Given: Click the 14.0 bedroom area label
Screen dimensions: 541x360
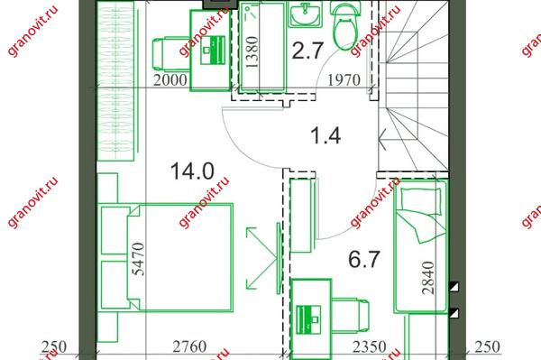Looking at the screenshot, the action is [x=192, y=171].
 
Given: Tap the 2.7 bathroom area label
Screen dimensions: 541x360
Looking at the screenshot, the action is [x=307, y=51].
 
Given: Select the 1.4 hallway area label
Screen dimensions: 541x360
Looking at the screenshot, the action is [x=326, y=135].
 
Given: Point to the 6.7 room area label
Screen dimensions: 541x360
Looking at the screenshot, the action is [x=364, y=259].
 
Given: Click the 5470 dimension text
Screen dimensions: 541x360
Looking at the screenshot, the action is [x=139, y=259].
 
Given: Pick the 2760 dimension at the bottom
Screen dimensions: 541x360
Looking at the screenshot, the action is [x=189, y=346].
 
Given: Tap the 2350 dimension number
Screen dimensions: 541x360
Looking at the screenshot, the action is [x=369, y=346].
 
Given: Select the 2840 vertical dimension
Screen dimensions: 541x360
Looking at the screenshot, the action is [x=428, y=278].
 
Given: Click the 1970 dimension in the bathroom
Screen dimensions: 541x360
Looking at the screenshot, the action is [x=344, y=80].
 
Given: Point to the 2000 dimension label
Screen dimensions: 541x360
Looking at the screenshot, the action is [x=170, y=80].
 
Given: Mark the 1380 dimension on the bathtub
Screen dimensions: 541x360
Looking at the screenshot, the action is [x=252, y=51].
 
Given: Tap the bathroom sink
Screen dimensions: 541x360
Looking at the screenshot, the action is [x=306, y=14].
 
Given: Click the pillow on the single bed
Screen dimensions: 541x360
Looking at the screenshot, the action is [x=421, y=201].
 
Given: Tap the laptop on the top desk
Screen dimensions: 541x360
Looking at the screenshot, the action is [x=213, y=50].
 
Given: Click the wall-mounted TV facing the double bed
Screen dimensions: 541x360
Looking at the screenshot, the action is [x=279, y=258].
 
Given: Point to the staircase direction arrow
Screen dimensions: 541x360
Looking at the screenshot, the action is [x=381, y=139].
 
